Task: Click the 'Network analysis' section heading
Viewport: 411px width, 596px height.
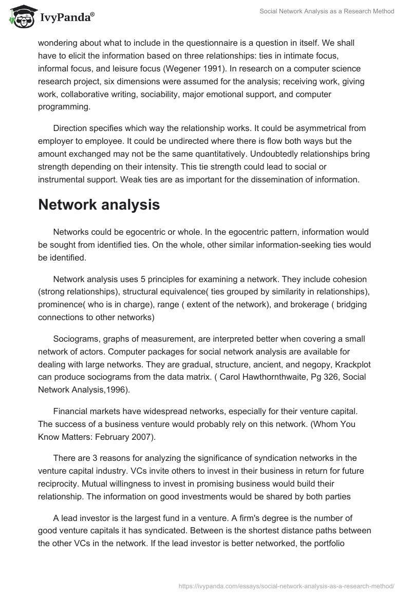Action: pyautogui.click(x=99, y=205)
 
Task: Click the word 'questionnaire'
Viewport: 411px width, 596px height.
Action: pyautogui.click(x=192, y=43)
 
